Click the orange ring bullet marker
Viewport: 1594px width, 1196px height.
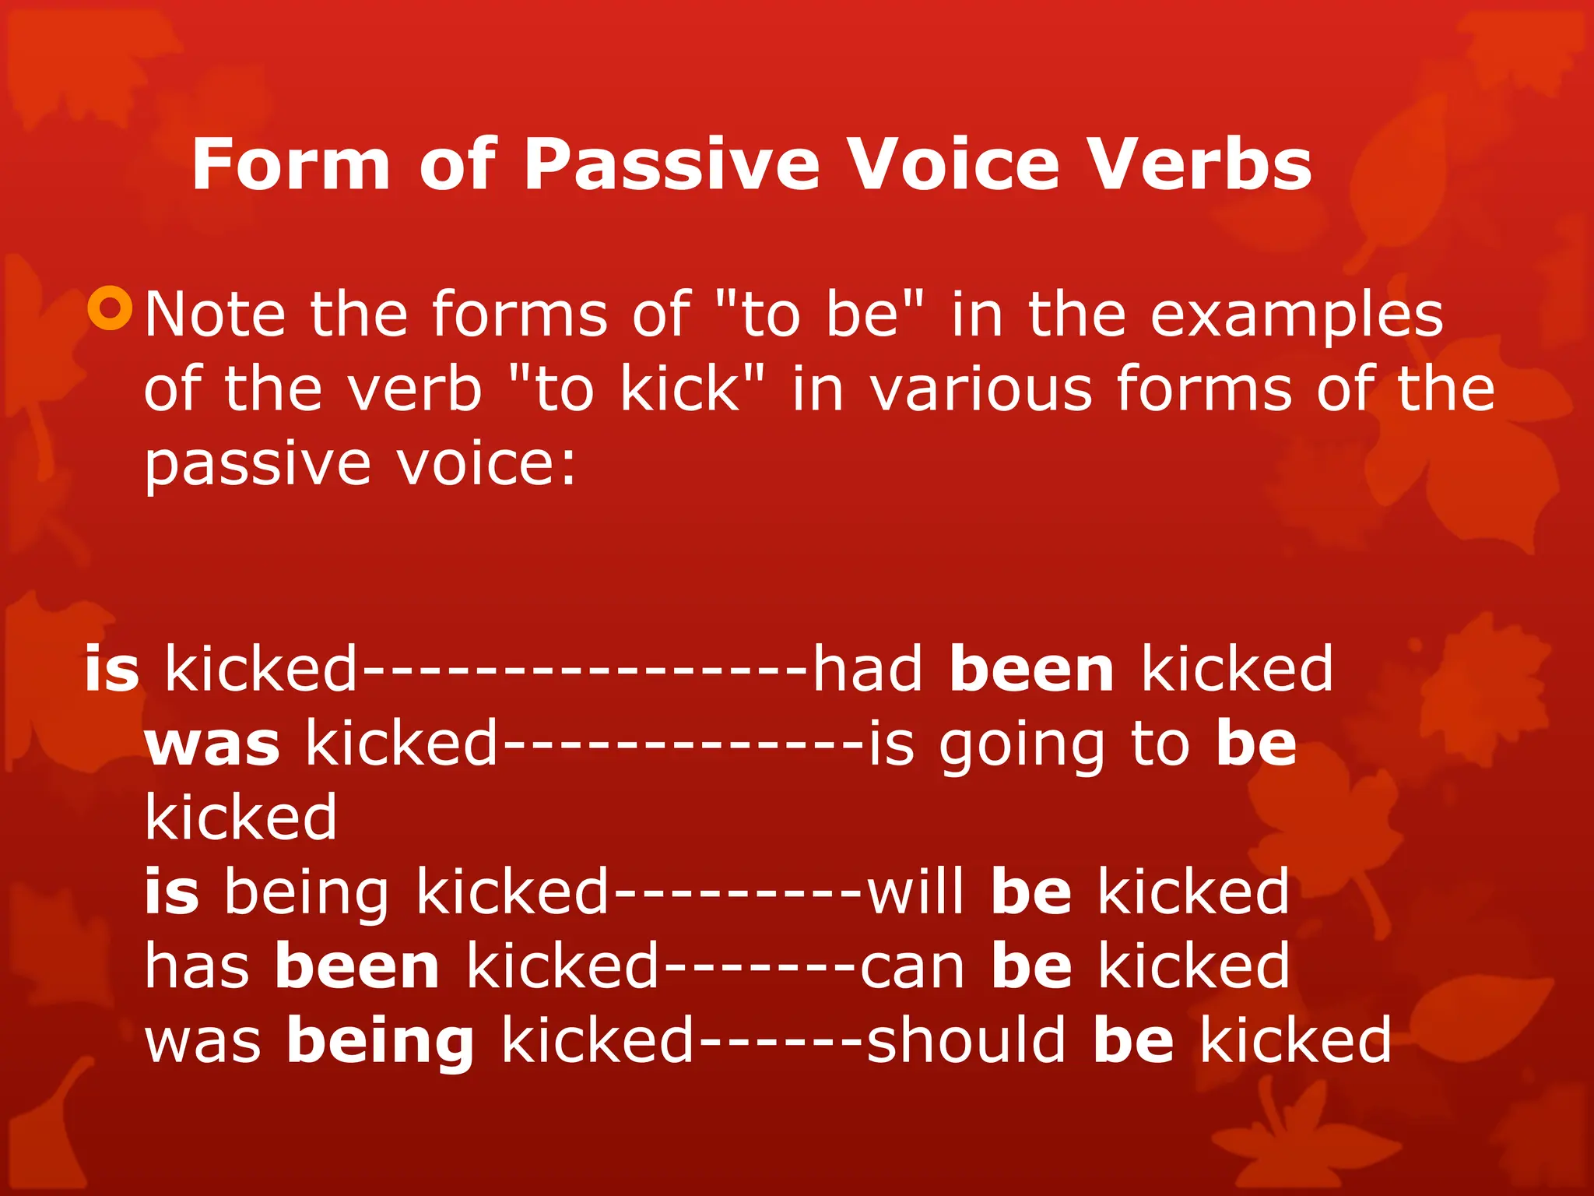(111, 308)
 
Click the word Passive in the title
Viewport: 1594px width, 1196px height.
(672, 166)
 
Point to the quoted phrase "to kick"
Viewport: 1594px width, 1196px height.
(636, 389)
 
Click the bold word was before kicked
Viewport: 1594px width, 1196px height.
(212, 744)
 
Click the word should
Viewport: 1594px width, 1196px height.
(966, 1040)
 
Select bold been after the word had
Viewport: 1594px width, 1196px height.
(1032, 669)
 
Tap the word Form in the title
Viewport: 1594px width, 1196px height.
(290, 164)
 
